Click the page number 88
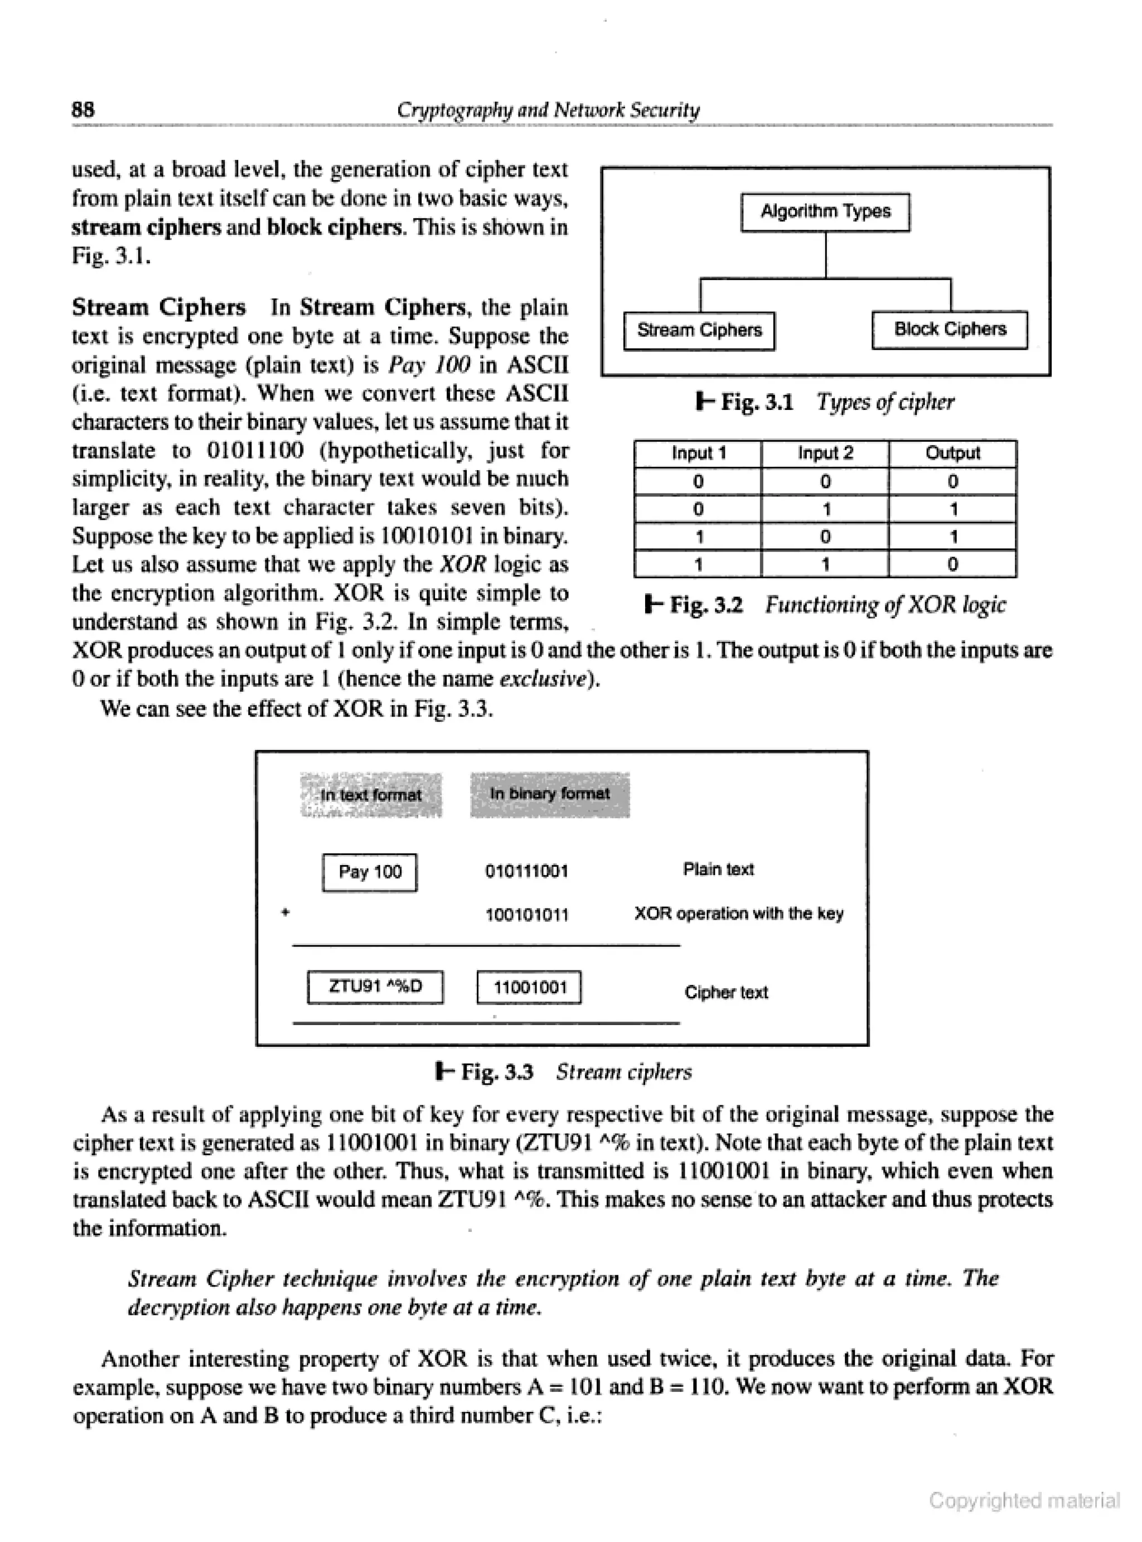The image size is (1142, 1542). pos(84,109)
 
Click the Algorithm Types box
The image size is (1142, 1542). pos(825,212)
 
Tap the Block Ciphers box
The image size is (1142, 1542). pos(950,330)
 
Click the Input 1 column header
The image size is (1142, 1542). pos(698,453)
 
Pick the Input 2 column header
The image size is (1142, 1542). pos(825,453)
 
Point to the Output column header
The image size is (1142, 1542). pos(952,453)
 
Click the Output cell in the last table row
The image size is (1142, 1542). pos(952,564)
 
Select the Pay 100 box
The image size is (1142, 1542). pos(370,872)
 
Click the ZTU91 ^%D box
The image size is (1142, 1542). pos(375,987)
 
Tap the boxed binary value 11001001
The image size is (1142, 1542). pos(530,987)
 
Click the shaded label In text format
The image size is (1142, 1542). pos(371,795)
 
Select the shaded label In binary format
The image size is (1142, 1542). pos(550,794)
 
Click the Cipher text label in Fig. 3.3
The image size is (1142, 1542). pos(726,993)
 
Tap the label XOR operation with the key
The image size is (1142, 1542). pos(738,913)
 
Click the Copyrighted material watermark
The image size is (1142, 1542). pos(1024,1500)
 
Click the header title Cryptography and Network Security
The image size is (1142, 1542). pos(548,110)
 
